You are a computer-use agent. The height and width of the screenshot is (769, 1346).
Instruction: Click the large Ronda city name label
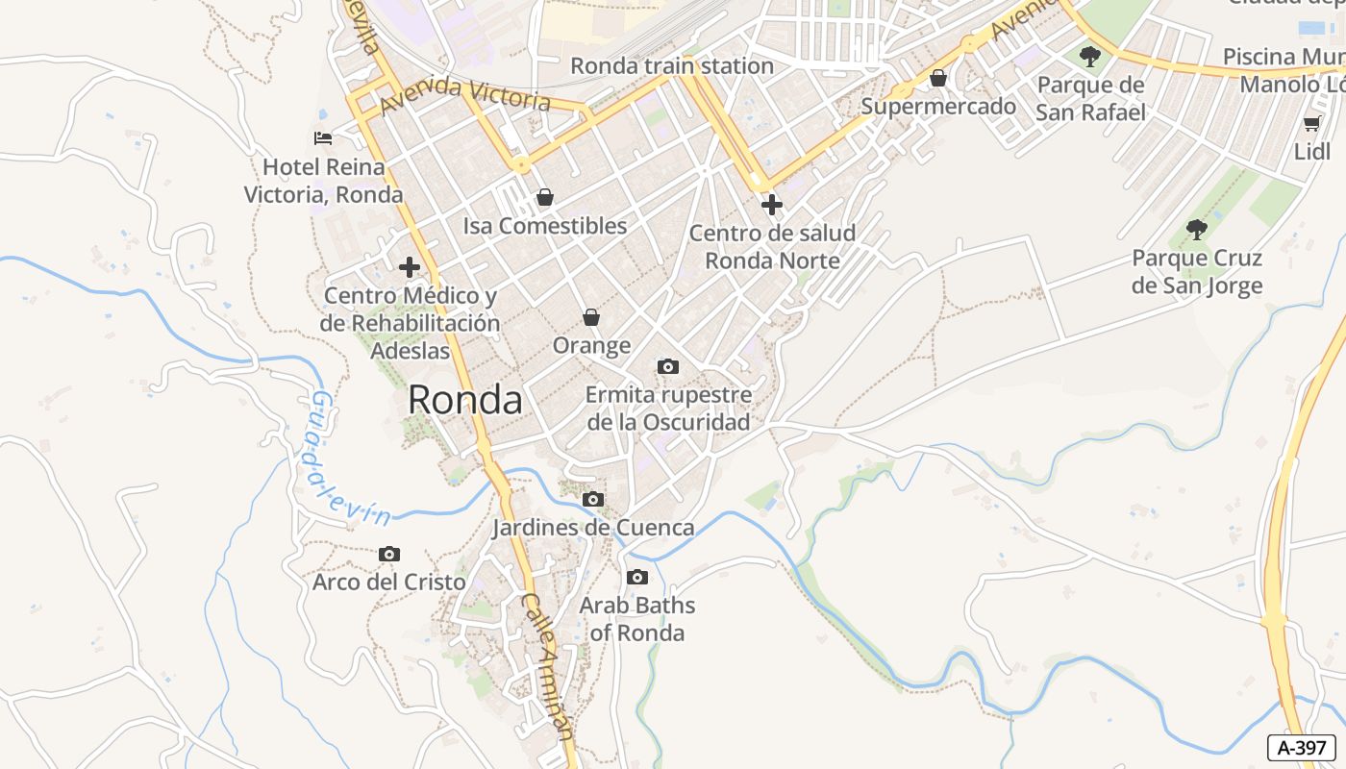click(x=465, y=400)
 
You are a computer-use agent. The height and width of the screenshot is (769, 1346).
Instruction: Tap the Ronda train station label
click(x=672, y=65)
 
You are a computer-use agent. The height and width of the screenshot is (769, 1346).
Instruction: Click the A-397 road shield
click(x=1302, y=747)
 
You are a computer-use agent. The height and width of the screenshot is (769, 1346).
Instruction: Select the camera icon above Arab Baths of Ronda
click(x=636, y=578)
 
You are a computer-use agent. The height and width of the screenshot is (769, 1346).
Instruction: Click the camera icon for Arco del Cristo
click(x=389, y=554)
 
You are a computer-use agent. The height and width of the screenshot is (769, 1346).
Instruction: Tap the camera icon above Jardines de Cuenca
click(x=593, y=499)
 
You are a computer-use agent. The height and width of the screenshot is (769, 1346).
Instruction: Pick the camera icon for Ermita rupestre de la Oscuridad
click(x=667, y=366)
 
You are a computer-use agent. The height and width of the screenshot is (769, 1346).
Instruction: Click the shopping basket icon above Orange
click(x=591, y=317)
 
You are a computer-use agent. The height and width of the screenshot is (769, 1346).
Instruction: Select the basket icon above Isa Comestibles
click(x=545, y=198)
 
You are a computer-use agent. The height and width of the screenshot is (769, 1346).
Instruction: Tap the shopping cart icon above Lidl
click(x=1311, y=123)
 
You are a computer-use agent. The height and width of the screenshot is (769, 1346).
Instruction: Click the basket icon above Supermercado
click(x=938, y=78)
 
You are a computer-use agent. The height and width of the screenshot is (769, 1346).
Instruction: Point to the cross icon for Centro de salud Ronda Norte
click(x=771, y=204)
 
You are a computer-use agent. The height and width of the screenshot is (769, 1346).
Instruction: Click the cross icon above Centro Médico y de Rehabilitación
click(x=410, y=266)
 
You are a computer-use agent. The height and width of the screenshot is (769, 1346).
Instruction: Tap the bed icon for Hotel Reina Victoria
click(x=323, y=138)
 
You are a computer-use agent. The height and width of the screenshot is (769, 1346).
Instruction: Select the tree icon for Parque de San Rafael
click(x=1089, y=56)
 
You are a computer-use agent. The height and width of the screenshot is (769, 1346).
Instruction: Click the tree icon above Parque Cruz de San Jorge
click(x=1196, y=229)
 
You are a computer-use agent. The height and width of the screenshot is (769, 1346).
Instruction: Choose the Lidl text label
click(x=1311, y=152)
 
